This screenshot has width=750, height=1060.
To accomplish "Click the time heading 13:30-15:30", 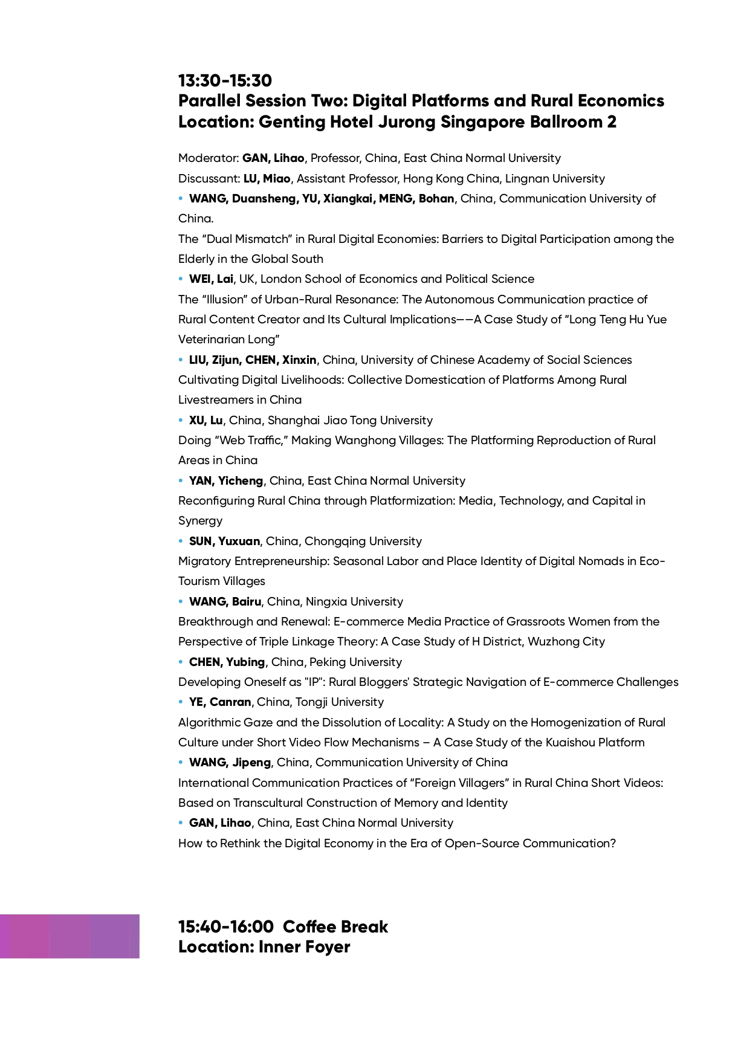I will coord(225,80).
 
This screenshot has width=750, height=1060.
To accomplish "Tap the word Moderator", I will coord(208,158).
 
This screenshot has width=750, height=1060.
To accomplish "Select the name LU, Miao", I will coord(267,179).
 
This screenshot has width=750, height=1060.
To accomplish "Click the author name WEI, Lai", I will coord(211,279).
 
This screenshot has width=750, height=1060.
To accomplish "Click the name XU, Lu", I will coord(205,421).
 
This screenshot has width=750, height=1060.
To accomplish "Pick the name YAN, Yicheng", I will coord(226,481).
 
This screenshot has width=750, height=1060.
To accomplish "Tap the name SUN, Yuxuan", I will coord(224,541).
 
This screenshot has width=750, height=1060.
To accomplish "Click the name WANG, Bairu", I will coord(225,602).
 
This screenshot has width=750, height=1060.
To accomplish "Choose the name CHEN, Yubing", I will coord(227,662).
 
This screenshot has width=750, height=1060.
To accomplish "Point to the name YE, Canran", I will coord(219,702).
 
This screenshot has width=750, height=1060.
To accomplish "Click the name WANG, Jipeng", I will coord(230,763).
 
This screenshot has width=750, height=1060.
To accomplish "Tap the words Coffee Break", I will coord(335,927).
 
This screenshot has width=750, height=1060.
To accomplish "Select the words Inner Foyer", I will coord(304,947).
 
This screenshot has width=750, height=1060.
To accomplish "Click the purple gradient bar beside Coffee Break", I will coord(70,936).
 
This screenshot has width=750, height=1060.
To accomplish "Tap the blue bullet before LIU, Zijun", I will coord(181,360).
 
